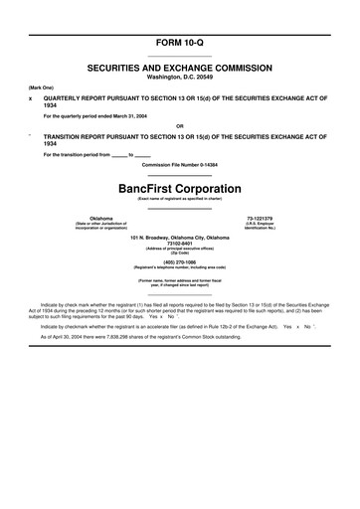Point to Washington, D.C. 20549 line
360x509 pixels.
[x=179, y=73]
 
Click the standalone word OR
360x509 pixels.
[x=179, y=125]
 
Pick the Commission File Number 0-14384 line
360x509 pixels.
[x=179, y=163]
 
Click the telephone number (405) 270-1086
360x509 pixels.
[x=179, y=262]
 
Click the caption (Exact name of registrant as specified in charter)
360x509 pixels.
[x=179, y=199]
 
